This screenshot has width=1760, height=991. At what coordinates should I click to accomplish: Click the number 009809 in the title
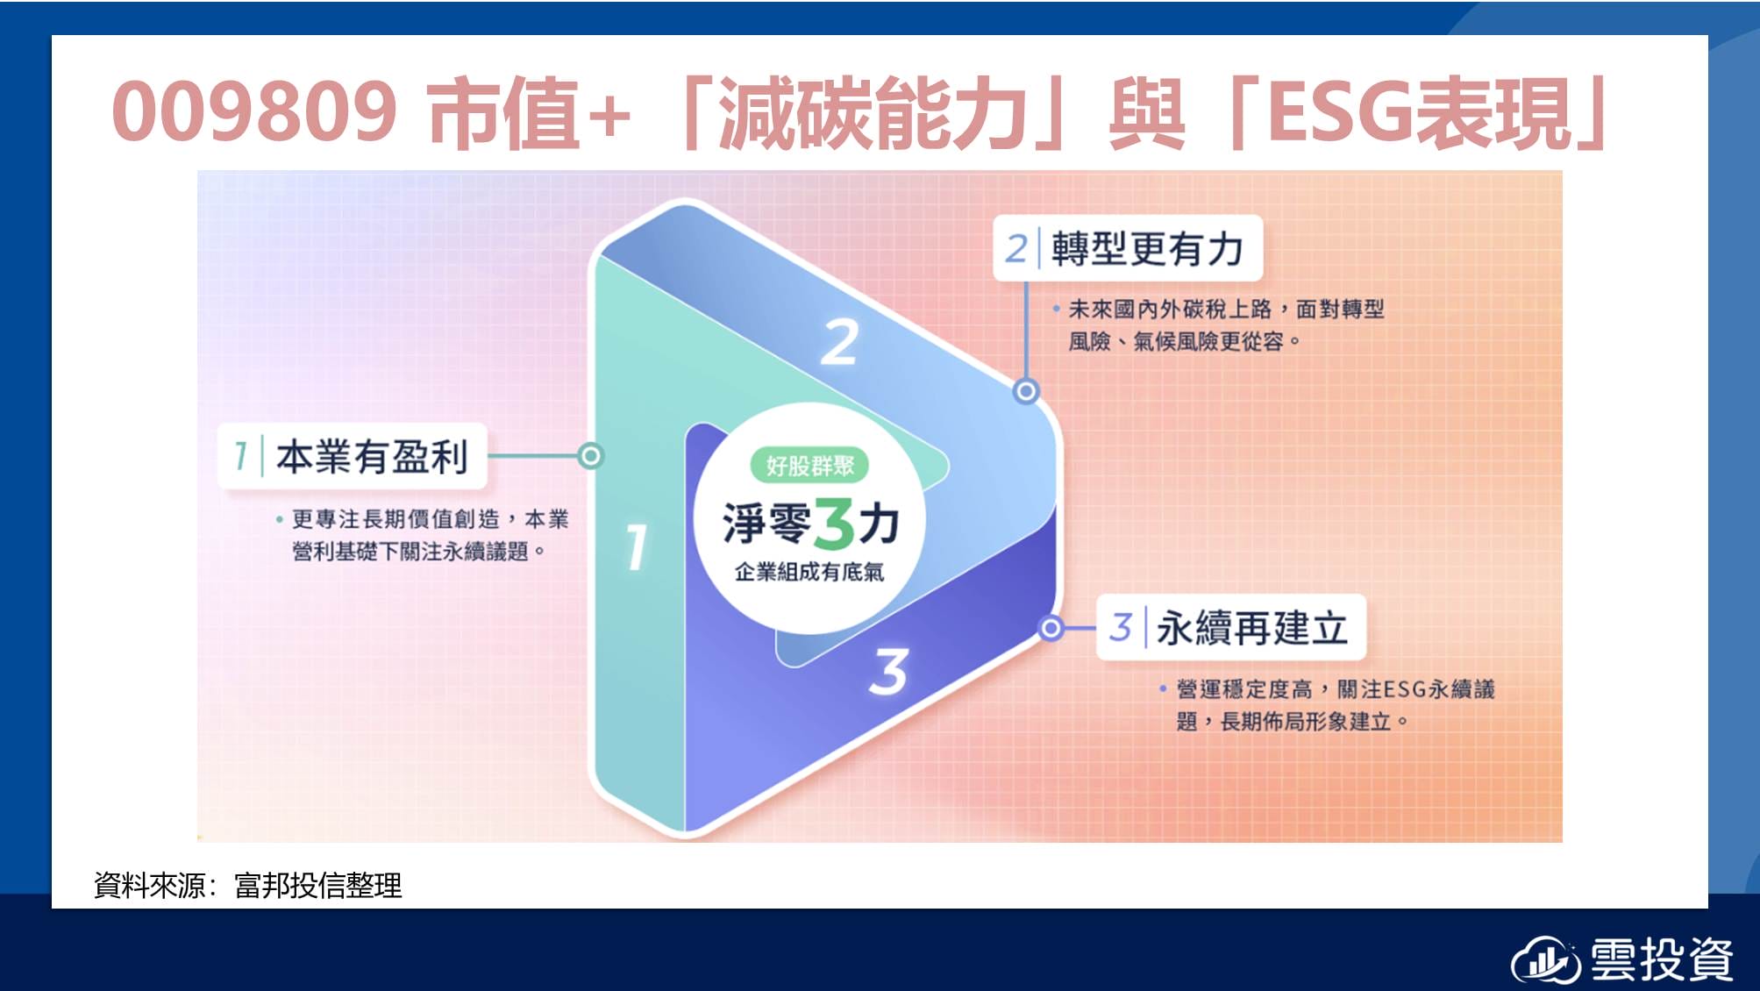[x=254, y=111]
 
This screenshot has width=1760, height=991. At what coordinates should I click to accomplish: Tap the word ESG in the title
[x=1342, y=111]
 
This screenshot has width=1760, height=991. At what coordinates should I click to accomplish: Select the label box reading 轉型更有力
[x=1128, y=248]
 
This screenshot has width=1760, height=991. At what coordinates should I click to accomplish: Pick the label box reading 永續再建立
[x=1231, y=628]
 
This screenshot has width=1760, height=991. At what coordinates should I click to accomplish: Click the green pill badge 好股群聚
[x=809, y=465]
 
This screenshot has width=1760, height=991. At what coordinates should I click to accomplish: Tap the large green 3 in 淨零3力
[x=834, y=524]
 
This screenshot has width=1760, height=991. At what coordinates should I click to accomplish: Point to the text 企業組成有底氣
[x=809, y=572]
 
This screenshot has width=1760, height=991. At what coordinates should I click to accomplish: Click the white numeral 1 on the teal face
[x=638, y=546]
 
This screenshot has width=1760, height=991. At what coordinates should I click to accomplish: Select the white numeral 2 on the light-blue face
[x=839, y=342]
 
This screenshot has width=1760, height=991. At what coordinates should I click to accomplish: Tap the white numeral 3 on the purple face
[x=889, y=672]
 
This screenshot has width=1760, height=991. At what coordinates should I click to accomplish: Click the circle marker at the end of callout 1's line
[x=591, y=456]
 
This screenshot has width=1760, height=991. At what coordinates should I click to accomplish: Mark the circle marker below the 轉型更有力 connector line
[x=1026, y=391]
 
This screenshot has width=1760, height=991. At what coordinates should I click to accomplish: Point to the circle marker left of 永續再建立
[x=1051, y=628]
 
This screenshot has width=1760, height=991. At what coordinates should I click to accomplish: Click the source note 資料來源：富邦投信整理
[x=248, y=885]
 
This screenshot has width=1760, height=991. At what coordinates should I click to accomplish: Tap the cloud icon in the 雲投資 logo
[x=1545, y=960]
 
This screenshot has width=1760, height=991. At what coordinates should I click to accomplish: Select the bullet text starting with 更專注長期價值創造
[x=423, y=535]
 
